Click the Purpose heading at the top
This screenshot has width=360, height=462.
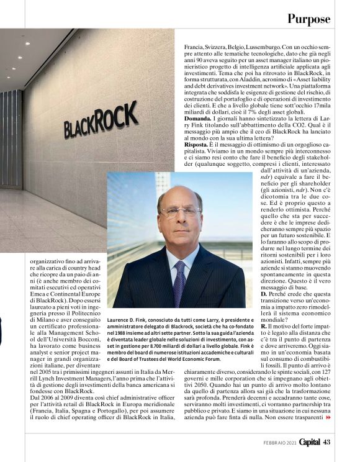(308, 18)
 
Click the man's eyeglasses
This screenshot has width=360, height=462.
(181, 212)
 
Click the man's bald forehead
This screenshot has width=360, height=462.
(180, 196)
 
